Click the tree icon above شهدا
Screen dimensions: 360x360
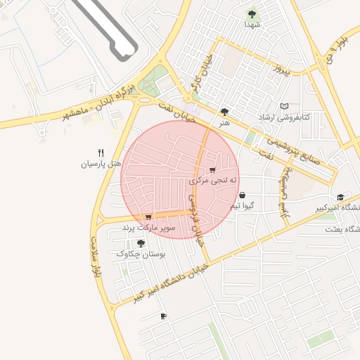(x=252, y=13)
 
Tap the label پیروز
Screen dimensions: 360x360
(x=281, y=70)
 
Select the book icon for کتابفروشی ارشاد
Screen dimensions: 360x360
(x=284, y=106)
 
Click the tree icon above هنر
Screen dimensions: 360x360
(x=224, y=111)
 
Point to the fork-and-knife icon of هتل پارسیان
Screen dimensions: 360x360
(x=101, y=153)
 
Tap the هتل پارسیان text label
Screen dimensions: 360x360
(x=101, y=164)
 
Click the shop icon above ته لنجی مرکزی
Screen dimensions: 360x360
(x=212, y=170)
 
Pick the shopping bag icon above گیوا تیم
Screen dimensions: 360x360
(x=243, y=195)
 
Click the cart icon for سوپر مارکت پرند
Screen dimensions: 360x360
(x=148, y=217)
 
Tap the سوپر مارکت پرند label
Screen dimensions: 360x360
(x=148, y=228)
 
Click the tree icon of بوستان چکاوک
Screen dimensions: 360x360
(x=141, y=243)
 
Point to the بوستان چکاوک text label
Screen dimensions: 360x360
(x=141, y=255)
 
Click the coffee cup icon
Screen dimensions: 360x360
(x=164, y=316)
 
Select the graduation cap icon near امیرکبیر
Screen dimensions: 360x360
(x=341, y=197)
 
